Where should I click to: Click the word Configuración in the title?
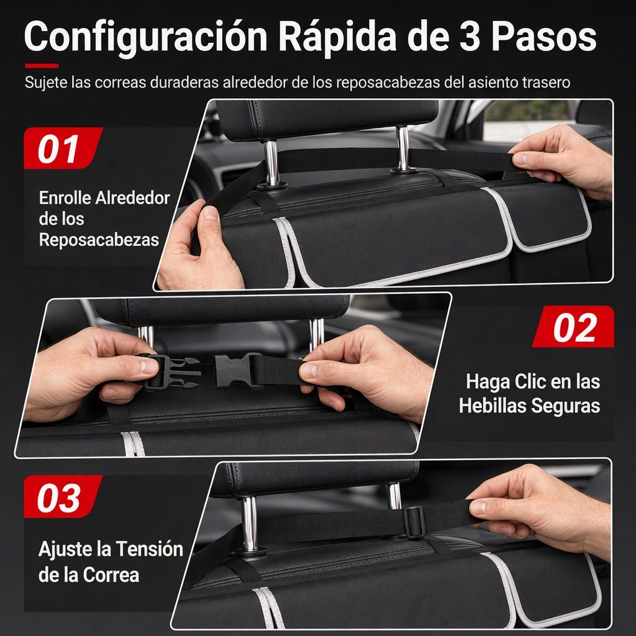point(146,37)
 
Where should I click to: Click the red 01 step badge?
point(63,148)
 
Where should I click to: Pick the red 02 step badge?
point(573,327)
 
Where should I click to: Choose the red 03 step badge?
point(63,496)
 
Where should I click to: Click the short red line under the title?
point(42,66)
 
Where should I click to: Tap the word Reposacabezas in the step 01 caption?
point(99,240)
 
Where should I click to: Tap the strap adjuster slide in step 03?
point(414,522)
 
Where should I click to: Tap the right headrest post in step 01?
point(403,148)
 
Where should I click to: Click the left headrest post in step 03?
point(250,523)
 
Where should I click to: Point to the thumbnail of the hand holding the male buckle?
point(149,366)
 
